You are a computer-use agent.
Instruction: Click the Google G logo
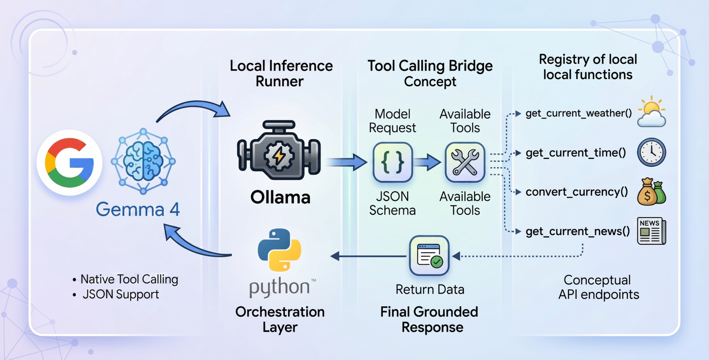[x=70, y=162]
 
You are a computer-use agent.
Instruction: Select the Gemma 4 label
[x=137, y=209]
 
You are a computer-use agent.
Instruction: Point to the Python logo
[x=279, y=250]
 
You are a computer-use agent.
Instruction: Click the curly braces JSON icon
[x=393, y=162]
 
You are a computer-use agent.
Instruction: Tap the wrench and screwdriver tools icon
[x=465, y=162]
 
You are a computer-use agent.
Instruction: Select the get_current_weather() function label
[x=578, y=113]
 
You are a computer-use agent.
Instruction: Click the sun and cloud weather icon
[x=651, y=112]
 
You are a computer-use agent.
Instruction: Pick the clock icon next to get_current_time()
[x=651, y=153]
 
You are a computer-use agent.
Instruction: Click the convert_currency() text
[x=577, y=192]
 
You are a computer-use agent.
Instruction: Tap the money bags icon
[x=651, y=192]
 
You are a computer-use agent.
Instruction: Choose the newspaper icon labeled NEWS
[x=651, y=231]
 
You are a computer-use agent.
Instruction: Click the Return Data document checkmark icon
[x=429, y=256]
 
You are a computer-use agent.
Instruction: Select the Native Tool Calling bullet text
[x=129, y=279]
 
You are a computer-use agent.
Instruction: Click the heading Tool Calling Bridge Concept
[x=430, y=74]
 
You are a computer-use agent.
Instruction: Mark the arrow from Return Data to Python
[x=368, y=256]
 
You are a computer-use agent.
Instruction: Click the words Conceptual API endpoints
[x=598, y=287]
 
